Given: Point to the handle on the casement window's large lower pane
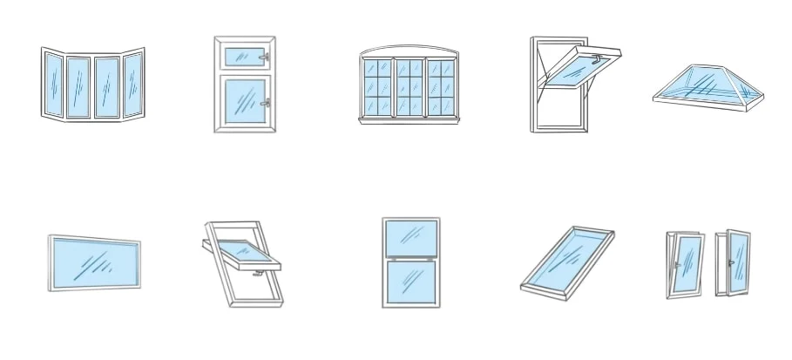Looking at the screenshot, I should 265,103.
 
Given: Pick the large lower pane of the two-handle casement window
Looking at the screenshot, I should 242,102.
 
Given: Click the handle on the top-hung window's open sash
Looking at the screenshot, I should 597,60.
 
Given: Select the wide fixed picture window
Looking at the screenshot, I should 94,262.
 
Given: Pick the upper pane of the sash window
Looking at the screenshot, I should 410,235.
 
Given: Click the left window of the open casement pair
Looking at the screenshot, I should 685,263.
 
